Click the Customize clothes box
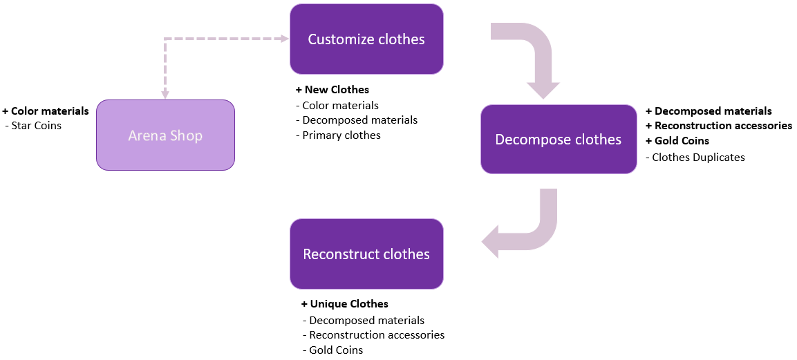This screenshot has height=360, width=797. coord(366,39)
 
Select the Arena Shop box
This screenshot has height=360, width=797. coord(165,135)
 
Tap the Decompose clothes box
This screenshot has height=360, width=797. coord(558,140)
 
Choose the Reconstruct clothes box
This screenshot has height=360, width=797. coord(366,254)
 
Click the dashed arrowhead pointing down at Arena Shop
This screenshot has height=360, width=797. coord(165,94)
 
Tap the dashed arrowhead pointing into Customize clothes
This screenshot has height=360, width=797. coord(284,39)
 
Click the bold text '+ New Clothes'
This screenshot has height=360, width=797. coord(332,90)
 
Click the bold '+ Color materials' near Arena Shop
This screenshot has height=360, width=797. coord(46,111)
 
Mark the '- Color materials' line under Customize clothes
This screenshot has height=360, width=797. coord(337,106)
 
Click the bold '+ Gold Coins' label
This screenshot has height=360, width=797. coord(677,141)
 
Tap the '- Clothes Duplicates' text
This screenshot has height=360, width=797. coord(695,158)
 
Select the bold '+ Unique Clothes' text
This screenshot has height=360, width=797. coord(345,304)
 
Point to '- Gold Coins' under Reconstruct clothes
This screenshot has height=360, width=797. coord(332,350)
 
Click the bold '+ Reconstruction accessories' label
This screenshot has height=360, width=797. coord(719,126)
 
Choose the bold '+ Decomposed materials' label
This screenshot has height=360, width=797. coord(709,111)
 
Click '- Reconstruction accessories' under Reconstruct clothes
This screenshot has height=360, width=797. coord(373,335)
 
